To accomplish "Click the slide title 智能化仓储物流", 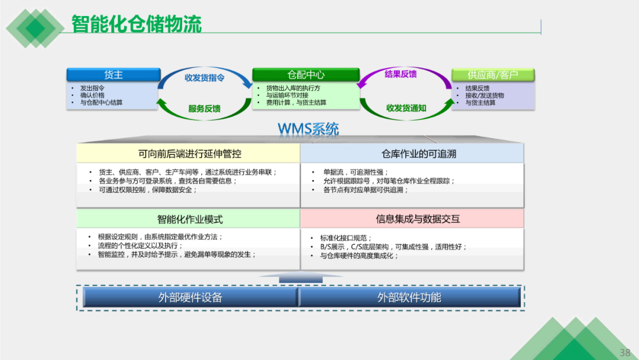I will tap(137, 24).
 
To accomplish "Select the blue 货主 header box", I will tap(114, 75).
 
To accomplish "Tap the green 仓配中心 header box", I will tap(306, 75).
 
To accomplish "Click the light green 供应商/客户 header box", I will tap(493, 75).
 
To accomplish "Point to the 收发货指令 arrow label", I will tap(204, 78).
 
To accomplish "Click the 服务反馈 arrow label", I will tap(204, 108).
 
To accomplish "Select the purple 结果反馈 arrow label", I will tap(401, 74).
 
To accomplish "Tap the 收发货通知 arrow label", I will tap(406, 108).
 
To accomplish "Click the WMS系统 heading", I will tap(308, 128).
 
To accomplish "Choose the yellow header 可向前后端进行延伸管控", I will tap(189, 153).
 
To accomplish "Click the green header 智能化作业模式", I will tap(189, 219).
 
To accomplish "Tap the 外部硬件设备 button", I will tap(190, 297).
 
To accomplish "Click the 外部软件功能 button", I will tap(409, 297).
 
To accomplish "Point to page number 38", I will tap(625, 352).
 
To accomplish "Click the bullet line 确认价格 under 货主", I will tap(92, 95).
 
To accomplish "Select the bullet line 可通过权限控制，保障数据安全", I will tap(148, 189).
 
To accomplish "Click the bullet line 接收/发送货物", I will tap(485, 95).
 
